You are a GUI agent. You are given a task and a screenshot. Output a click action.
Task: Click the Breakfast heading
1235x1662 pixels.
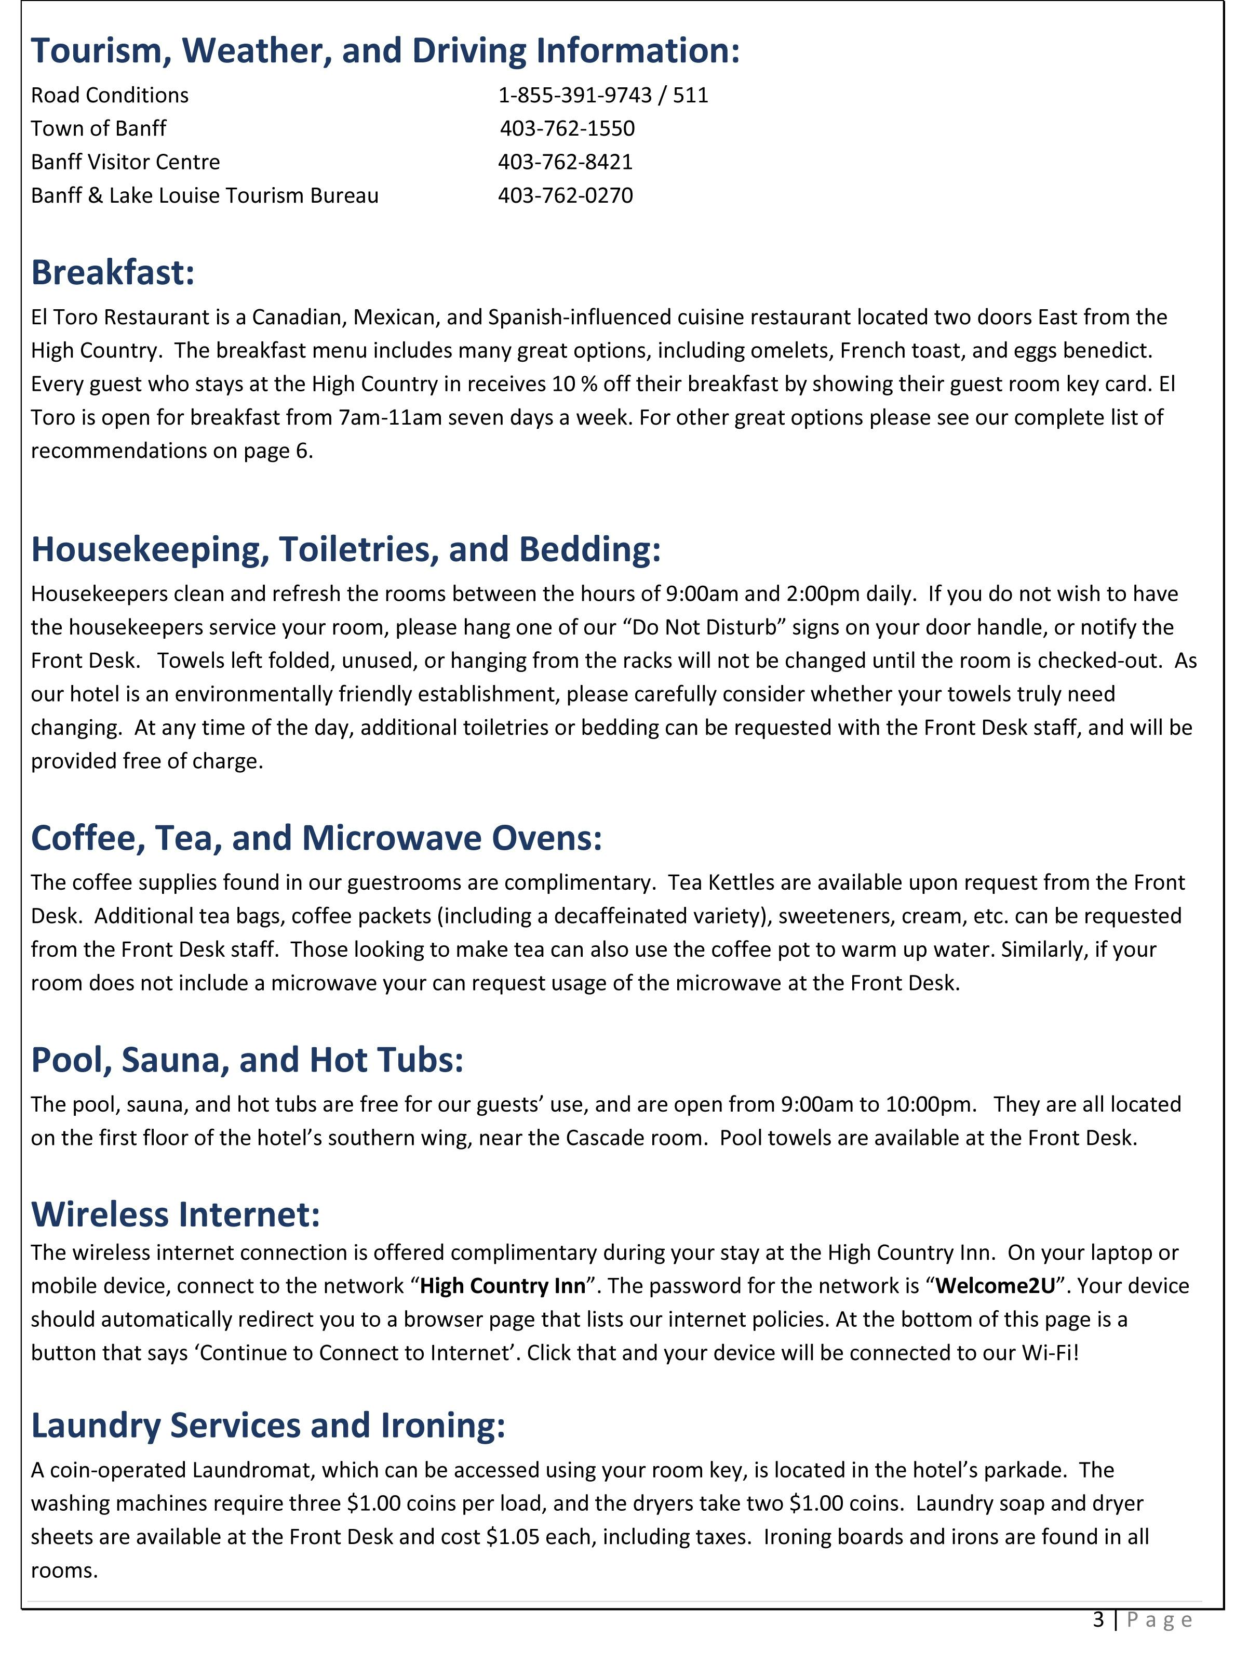[x=113, y=272]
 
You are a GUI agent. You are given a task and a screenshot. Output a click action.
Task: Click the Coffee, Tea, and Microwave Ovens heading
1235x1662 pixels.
[x=316, y=838]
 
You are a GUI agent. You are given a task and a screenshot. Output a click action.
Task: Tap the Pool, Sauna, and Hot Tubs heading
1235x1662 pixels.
[x=247, y=1060]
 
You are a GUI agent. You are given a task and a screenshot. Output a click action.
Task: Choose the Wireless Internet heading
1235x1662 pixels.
[x=176, y=1214]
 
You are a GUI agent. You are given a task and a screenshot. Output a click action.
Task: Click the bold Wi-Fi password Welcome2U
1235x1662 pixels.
[x=995, y=1286]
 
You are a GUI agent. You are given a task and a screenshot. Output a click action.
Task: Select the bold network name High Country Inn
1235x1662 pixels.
[x=502, y=1286]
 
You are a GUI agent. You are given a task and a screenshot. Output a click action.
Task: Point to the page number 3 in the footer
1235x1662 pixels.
[x=1098, y=1620]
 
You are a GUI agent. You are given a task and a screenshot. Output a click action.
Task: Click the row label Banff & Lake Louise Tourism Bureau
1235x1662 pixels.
[x=205, y=195]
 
